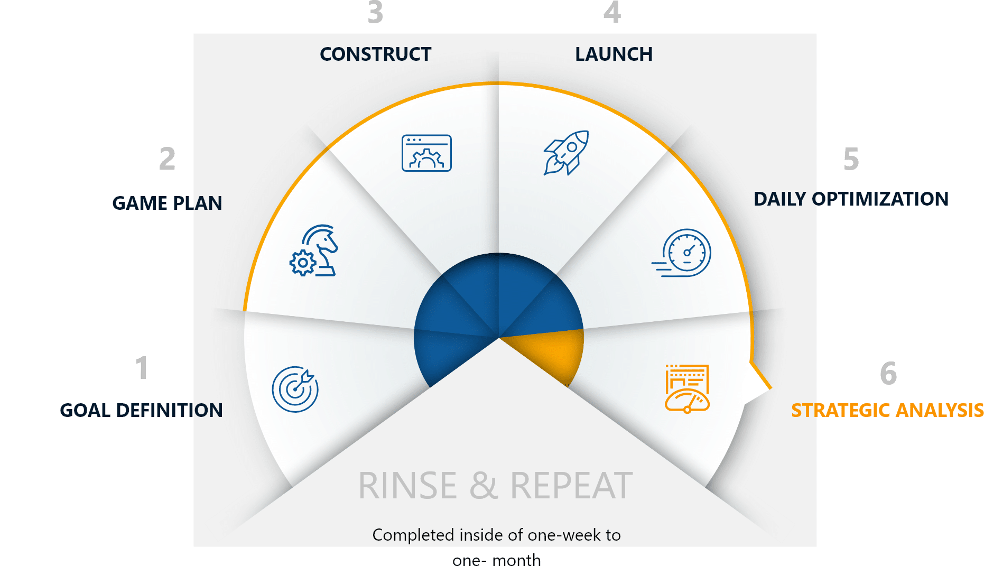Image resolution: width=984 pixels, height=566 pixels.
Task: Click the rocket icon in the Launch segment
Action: tap(567, 153)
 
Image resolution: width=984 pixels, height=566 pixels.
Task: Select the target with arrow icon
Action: tap(295, 389)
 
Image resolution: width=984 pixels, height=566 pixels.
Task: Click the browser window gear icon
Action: tap(426, 153)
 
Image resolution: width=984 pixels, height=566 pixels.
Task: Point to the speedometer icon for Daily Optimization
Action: tap(682, 253)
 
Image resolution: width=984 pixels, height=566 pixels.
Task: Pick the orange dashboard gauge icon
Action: tap(687, 389)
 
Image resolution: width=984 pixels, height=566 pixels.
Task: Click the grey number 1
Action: tap(142, 368)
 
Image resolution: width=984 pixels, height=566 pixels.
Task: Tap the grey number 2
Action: tap(167, 159)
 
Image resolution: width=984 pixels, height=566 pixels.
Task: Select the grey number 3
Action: tap(375, 12)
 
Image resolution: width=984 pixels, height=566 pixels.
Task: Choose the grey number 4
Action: tap(612, 12)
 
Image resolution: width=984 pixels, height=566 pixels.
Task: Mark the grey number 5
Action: tap(851, 159)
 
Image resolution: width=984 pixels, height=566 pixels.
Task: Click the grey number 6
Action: tap(888, 373)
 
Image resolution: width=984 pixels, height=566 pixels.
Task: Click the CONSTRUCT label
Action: tap(376, 54)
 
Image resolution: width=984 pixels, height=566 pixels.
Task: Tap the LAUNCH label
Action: tap(614, 54)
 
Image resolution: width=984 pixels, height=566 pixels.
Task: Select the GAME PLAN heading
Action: tap(167, 203)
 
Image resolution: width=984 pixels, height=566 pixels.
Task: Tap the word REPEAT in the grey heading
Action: tap(571, 486)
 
